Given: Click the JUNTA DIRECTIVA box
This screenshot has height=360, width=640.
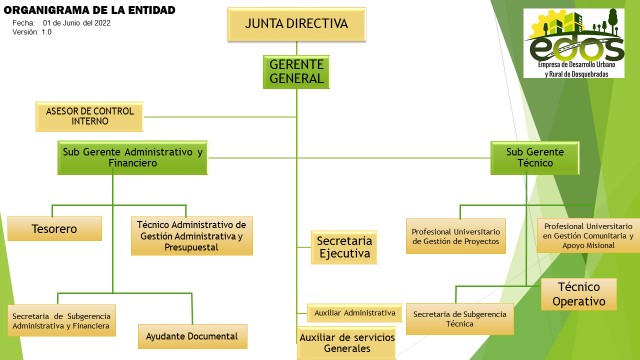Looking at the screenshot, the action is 296,24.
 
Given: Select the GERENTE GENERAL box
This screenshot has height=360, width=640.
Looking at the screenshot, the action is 296,72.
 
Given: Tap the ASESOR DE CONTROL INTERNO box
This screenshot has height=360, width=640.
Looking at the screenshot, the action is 89,116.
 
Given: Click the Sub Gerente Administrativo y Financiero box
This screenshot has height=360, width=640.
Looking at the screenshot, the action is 132,158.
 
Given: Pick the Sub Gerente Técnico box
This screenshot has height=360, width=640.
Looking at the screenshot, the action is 535,158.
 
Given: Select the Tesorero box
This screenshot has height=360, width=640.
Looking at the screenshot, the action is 54,229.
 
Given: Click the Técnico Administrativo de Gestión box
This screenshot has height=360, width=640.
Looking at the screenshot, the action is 192,236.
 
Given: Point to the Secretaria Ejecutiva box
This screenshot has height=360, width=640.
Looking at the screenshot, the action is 344,247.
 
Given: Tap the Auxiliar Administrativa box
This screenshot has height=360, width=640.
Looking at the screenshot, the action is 354,313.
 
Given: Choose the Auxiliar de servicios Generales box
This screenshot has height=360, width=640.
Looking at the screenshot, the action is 347,343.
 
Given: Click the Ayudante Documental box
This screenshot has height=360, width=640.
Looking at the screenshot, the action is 193,336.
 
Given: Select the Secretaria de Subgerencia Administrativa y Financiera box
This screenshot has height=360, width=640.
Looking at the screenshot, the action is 61,320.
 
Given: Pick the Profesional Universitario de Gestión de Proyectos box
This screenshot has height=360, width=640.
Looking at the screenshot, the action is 456,236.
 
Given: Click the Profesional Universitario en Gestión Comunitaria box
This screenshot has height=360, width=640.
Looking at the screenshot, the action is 588,236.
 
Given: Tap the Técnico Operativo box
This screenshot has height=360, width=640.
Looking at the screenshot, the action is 579,294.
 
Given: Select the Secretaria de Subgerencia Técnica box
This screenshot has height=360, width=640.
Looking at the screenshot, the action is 460,319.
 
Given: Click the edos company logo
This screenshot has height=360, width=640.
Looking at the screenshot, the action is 574,43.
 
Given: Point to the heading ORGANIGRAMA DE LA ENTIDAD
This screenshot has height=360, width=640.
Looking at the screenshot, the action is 89,10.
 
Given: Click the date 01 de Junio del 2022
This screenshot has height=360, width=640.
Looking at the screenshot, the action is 77,23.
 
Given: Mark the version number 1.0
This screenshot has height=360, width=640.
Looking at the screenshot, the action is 46,32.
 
